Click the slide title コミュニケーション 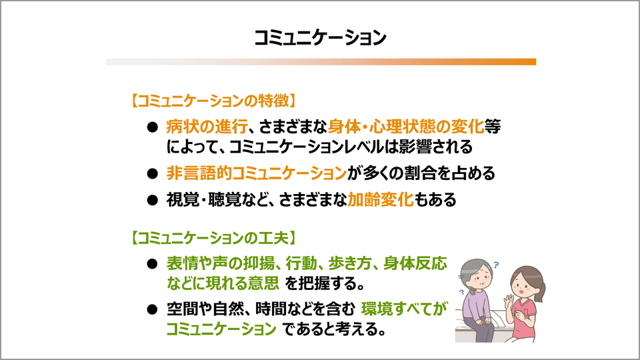[x=320, y=37]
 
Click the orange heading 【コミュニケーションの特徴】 [x=213, y=101]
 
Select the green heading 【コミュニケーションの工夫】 [x=213, y=237]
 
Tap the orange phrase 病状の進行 [x=207, y=127]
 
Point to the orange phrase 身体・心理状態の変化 [x=406, y=127]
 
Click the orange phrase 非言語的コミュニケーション [x=256, y=173]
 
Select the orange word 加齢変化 [x=381, y=199]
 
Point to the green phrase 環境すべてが [x=404, y=309]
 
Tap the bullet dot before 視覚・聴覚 [x=152, y=200]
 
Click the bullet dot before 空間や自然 [x=152, y=309]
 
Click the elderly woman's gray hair [x=473, y=269]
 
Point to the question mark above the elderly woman [x=496, y=265]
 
